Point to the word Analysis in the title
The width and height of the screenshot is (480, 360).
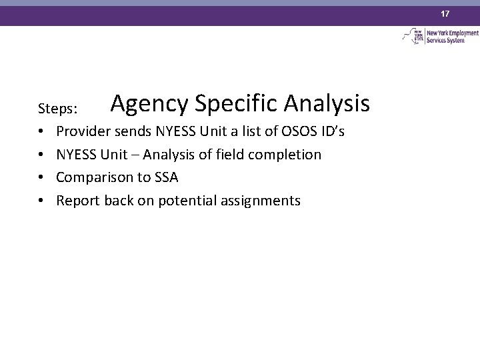pos(327,104)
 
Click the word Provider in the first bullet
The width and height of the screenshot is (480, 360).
pos(82,131)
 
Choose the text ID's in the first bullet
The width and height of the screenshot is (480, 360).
pos(331,131)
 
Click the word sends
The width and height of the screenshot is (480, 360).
pos(129,131)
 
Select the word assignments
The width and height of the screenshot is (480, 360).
pos(263,201)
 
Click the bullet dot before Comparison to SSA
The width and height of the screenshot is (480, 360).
pos(41,178)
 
